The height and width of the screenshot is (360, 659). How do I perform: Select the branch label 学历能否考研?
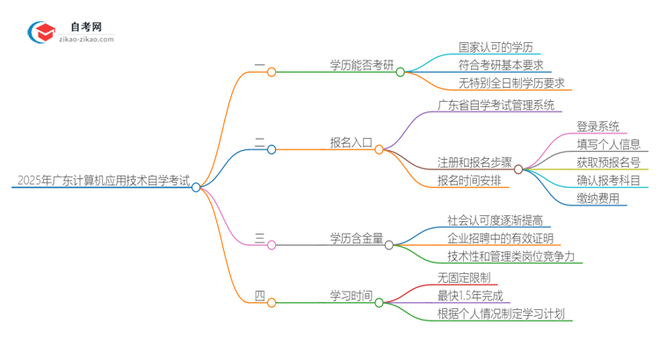tap(362, 66)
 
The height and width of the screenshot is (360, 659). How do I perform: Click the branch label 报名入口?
tap(351, 143)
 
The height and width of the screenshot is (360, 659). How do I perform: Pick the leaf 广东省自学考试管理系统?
tap(496, 106)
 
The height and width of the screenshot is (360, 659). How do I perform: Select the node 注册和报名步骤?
tap(474, 162)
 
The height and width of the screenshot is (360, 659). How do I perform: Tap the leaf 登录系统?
tap(597, 126)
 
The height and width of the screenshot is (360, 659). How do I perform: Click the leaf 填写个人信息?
tap(609, 145)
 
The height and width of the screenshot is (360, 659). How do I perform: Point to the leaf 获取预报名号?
tap(609, 162)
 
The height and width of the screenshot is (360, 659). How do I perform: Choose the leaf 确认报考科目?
tap(609, 181)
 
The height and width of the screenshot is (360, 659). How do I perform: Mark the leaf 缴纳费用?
tap(597, 198)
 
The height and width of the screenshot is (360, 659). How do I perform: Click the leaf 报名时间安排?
tap(469, 181)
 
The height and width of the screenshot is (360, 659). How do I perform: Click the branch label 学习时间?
tap(351, 296)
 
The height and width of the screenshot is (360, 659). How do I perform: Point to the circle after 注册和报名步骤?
tap(518, 169)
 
